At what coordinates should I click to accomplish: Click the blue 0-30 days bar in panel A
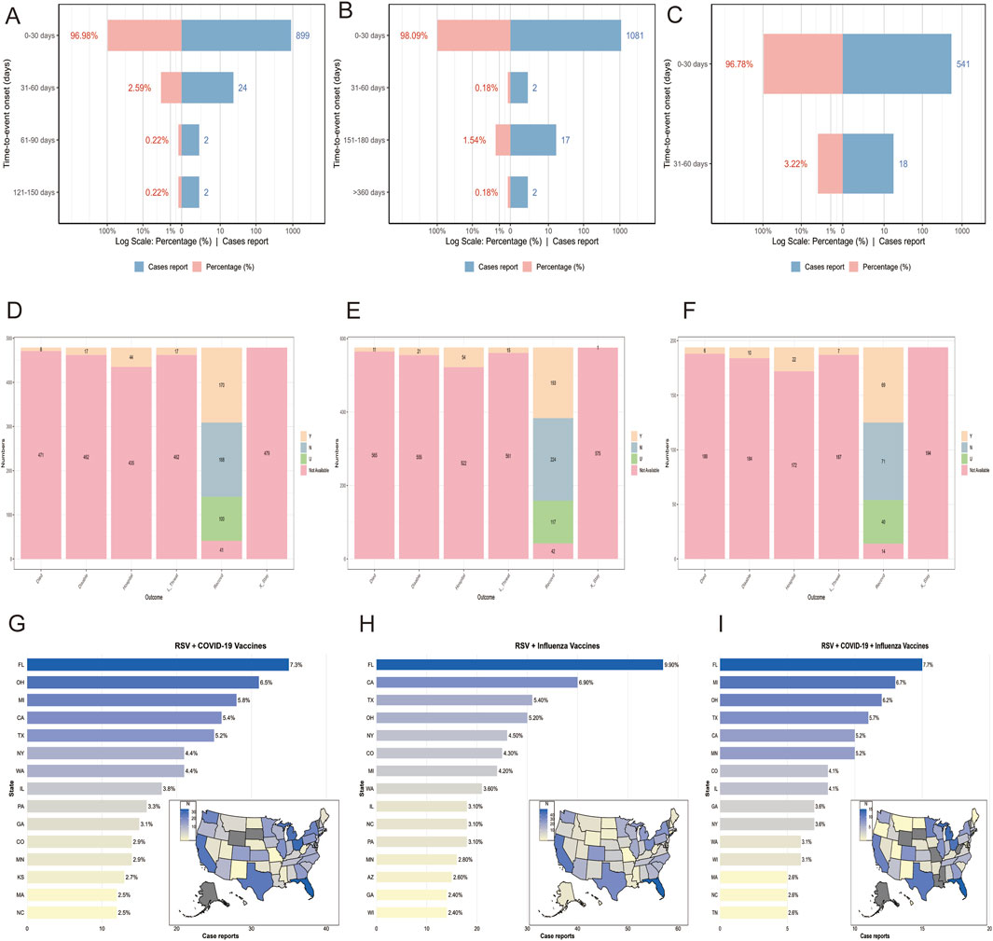(236, 35)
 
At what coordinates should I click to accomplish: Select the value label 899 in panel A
(302, 35)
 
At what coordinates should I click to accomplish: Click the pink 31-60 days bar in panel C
(830, 163)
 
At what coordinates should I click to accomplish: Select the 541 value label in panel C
(964, 64)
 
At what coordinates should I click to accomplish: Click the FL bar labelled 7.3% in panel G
(158, 664)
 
